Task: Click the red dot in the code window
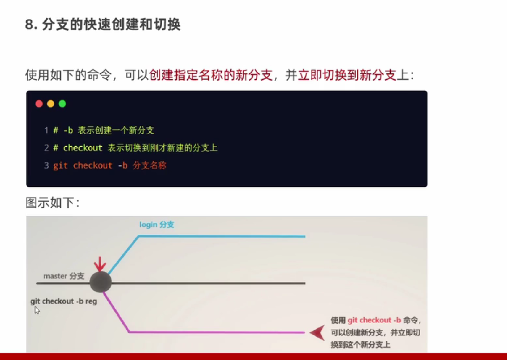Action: [39, 104]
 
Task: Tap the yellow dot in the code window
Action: [51, 104]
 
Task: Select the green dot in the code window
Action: [62, 104]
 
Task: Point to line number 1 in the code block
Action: [46, 130]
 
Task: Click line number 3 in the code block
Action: [46, 165]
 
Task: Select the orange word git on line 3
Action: [61, 166]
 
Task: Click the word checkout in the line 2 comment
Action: [83, 148]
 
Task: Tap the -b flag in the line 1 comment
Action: [68, 130]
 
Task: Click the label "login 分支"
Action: [157, 225]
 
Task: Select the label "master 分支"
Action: [64, 276]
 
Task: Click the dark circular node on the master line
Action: [101, 282]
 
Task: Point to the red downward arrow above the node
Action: [100, 264]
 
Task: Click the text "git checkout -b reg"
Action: [64, 301]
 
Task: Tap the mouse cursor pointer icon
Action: [37, 310]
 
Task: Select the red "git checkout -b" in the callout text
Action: [374, 320]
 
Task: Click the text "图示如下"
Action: [50, 202]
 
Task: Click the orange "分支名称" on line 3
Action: [150, 165]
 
